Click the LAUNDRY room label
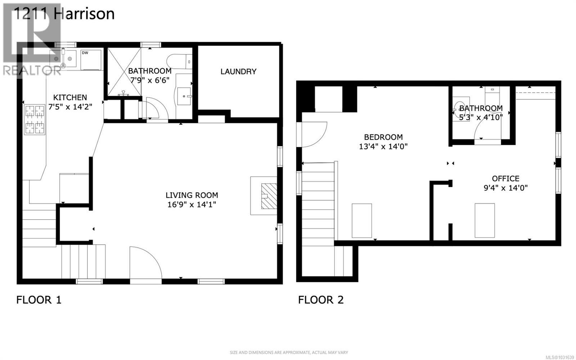(x=238, y=71)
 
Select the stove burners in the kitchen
(x=35, y=120)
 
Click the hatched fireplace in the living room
(x=269, y=196)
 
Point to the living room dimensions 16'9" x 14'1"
(x=192, y=204)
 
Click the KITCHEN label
(x=70, y=97)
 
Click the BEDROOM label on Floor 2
(x=383, y=137)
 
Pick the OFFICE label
(x=505, y=178)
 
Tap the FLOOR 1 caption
(x=39, y=300)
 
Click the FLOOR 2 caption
(x=321, y=300)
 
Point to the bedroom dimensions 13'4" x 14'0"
(x=383, y=147)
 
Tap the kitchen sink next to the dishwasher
(x=63, y=58)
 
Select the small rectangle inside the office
(x=485, y=220)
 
